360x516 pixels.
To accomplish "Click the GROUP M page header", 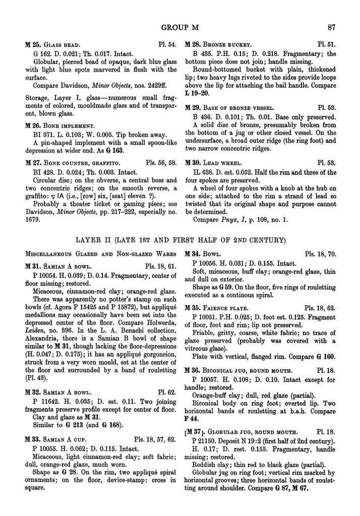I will coord(180,27).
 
